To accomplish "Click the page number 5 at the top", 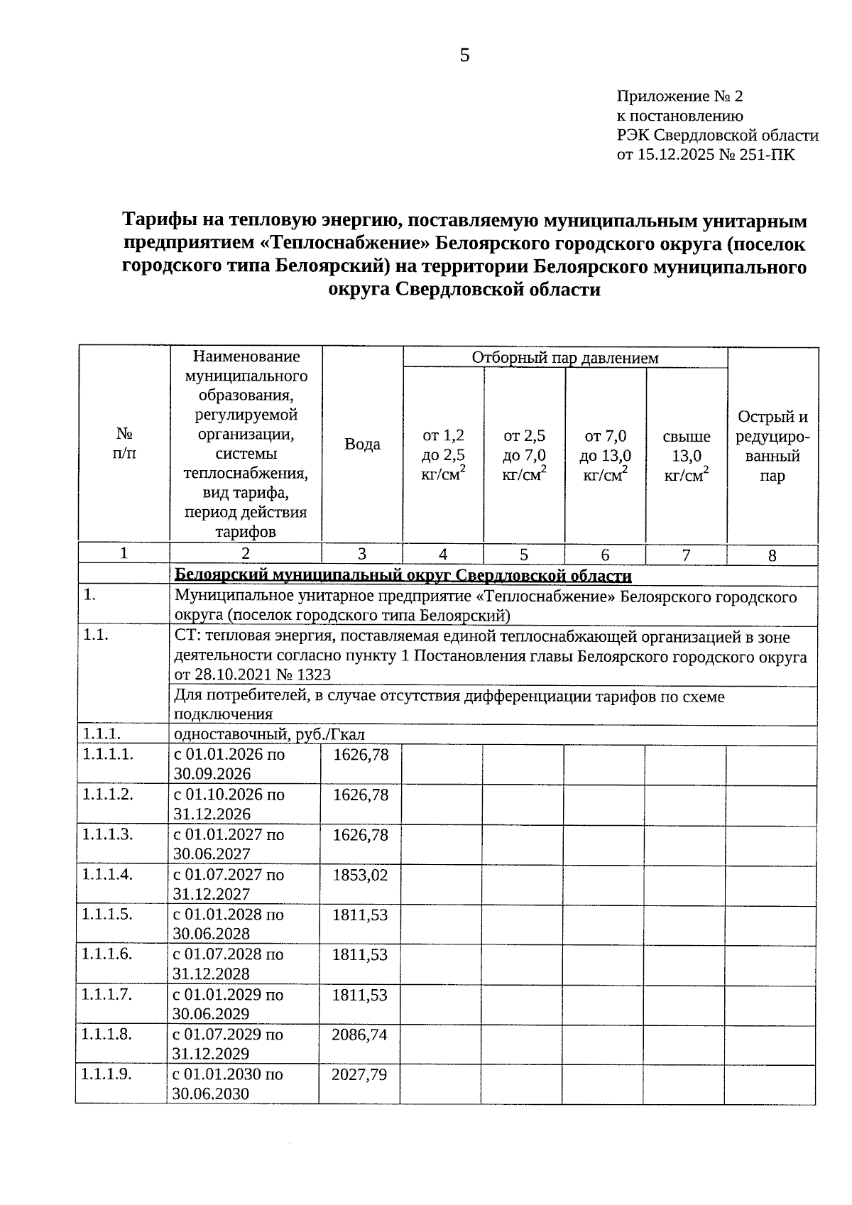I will click(464, 55).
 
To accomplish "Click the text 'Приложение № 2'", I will click(679, 96).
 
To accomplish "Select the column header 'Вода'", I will click(362, 444).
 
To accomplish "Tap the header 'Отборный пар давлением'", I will click(565, 357).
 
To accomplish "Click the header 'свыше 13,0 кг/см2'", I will click(687, 456).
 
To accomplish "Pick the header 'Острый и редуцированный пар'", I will click(772, 446).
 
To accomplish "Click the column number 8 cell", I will click(772, 555).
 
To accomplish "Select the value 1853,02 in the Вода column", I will click(360, 875).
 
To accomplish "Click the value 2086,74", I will click(359, 1035).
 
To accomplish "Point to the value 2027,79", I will click(359, 1074).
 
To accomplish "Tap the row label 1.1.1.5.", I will click(107, 915).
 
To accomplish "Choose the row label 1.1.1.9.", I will click(107, 1074).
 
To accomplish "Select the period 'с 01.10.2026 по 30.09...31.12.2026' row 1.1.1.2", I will click(229, 804).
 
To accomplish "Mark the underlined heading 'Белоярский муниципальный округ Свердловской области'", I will click(403, 574).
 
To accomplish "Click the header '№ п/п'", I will click(124, 443).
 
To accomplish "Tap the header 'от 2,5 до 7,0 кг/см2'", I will click(524, 456).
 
